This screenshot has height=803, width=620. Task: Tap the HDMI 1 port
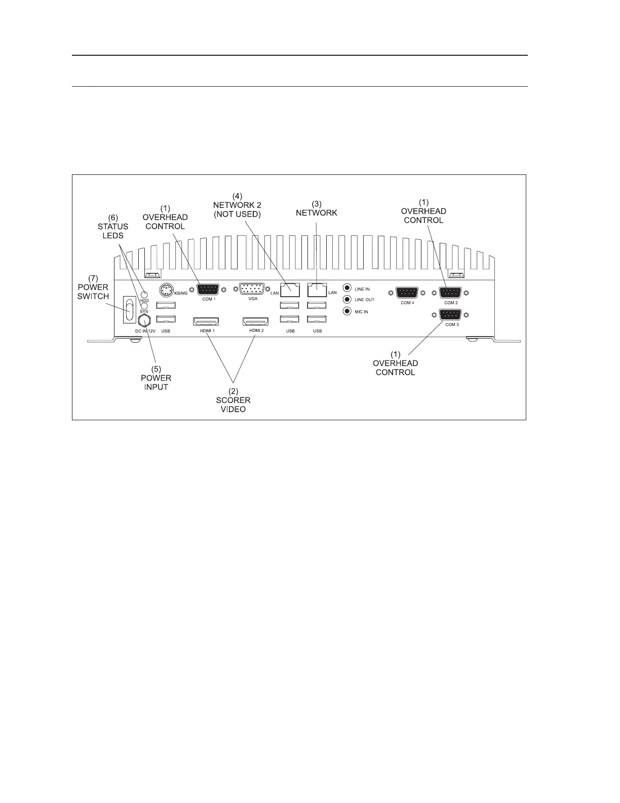pos(205,321)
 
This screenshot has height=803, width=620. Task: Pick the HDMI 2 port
pos(256,321)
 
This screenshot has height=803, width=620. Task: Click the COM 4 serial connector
pos(407,293)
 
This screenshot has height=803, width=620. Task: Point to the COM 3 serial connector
pos(451,314)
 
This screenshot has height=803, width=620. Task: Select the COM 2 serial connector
pos(450,293)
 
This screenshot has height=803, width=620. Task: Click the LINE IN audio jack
pos(347,288)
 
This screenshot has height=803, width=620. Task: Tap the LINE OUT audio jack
pos(347,299)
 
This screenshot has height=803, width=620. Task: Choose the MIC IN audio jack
pos(347,311)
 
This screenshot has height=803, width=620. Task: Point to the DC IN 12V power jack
pos(145,320)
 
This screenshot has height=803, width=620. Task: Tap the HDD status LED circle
pos(144,295)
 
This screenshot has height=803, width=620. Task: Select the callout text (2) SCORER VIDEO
pos(234,400)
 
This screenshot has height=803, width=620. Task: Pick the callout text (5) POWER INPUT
pos(156,378)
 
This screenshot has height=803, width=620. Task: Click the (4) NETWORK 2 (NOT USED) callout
pos(237,204)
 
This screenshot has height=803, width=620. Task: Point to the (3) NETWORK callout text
pos(317,208)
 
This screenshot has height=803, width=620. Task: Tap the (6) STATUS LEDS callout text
pos(113,226)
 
